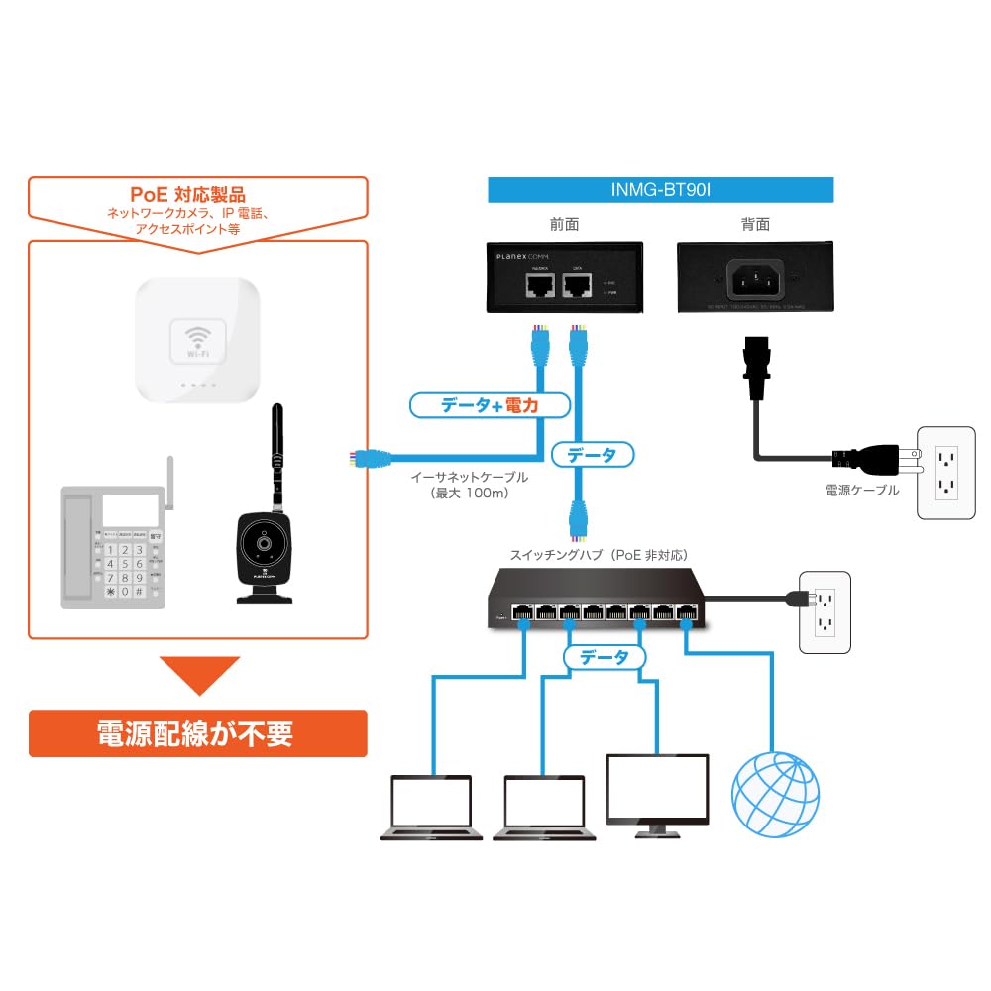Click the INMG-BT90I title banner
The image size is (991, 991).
click(661, 189)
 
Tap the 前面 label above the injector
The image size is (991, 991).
click(564, 225)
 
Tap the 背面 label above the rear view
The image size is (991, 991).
click(755, 225)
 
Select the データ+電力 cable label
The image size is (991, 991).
click(491, 404)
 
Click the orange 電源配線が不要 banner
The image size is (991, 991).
click(197, 733)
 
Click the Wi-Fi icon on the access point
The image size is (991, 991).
click(198, 340)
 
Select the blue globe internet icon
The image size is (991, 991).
click(775, 795)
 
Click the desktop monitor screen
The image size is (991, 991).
click(657, 788)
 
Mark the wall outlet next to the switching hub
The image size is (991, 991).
click(825, 611)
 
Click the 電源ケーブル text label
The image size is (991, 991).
click(861, 490)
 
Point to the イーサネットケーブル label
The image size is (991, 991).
click(470, 477)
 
